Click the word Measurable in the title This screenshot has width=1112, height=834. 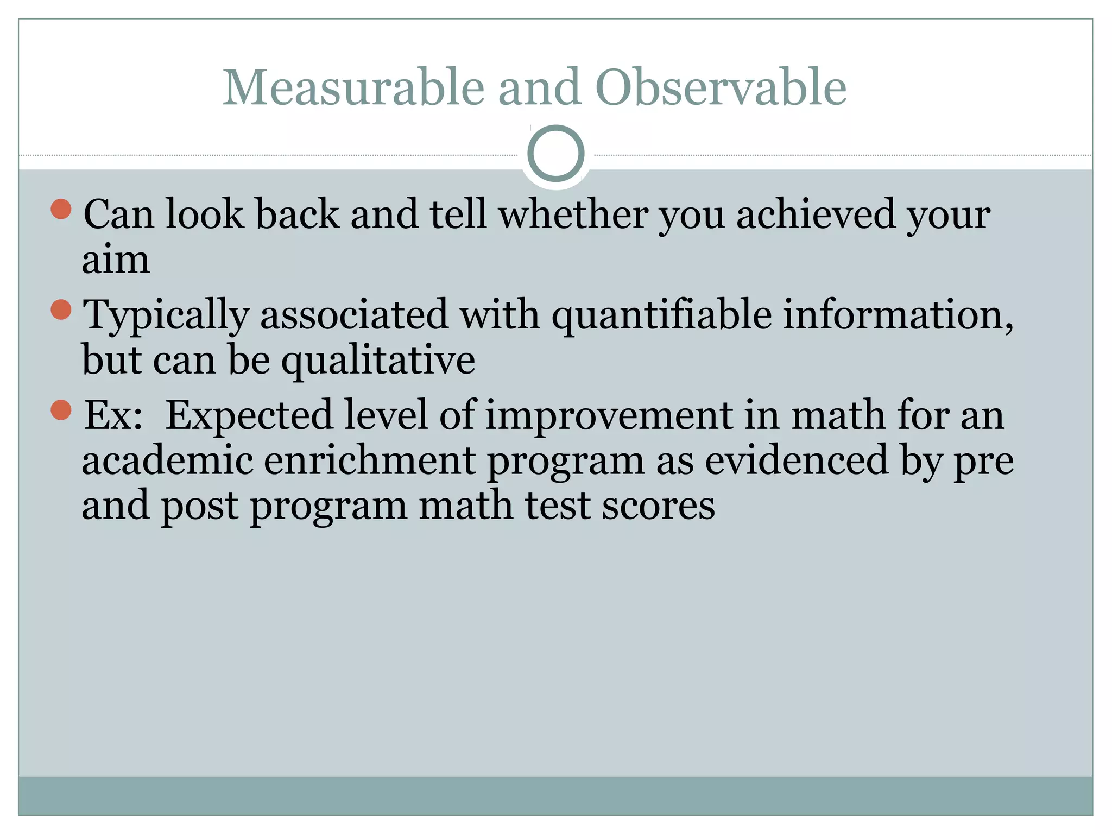click(x=353, y=88)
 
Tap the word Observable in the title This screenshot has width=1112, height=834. click(x=721, y=88)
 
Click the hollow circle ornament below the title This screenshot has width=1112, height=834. click(x=555, y=154)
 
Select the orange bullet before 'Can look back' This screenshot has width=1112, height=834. click(x=61, y=209)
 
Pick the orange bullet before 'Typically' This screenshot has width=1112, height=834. click(x=61, y=309)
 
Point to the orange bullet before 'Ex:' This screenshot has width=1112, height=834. click(x=61, y=410)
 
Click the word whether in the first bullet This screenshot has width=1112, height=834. click(x=573, y=214)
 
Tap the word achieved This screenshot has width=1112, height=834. click(x=815, y=214)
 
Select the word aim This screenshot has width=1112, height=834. click(x=116, y=260)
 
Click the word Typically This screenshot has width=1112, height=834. click(x=166, y=315)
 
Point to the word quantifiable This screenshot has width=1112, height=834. click(x=661, y=315)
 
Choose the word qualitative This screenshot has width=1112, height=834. click(x=378, y=361)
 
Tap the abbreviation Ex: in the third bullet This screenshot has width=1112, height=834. click(x=113, y=415)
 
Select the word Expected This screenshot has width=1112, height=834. click(x=249, y=415)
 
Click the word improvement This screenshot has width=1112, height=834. click(x=609, y=415)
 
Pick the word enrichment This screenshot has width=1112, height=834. click(x=370, y=460)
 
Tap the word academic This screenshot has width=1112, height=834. click(x=167, y=460)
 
